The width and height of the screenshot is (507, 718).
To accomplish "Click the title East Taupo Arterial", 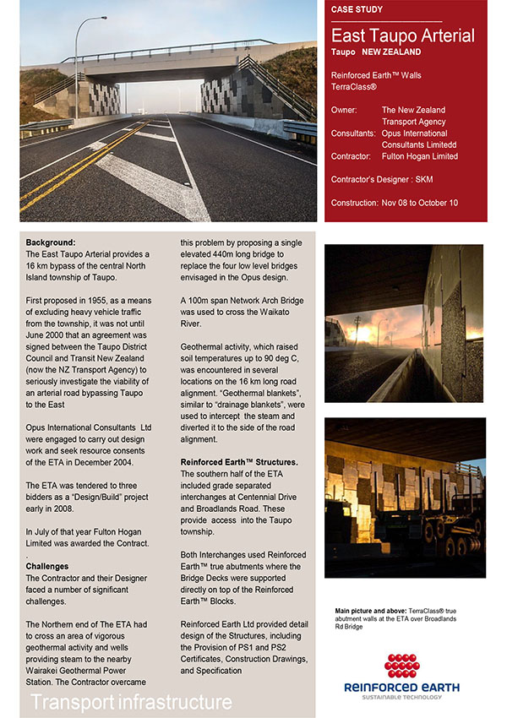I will (x=402, y=35).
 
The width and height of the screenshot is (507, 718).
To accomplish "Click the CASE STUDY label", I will (x=357, y=10).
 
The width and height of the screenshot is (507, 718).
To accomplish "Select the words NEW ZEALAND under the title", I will (x=391, y=52).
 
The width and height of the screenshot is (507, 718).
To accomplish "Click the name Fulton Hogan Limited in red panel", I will (x=420, y=156).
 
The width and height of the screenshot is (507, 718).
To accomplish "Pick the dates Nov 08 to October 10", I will (x=419, y=203).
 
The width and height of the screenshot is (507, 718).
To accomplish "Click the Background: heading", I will (x=51, y=242).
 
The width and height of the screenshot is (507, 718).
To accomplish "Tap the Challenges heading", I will (x=48, y=566).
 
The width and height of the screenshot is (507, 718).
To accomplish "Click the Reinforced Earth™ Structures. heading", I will (x=239, y=462).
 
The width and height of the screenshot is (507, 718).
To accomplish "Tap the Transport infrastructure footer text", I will (x=131, y=702).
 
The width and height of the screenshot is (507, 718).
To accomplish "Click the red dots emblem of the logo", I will (x=402, y=665).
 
